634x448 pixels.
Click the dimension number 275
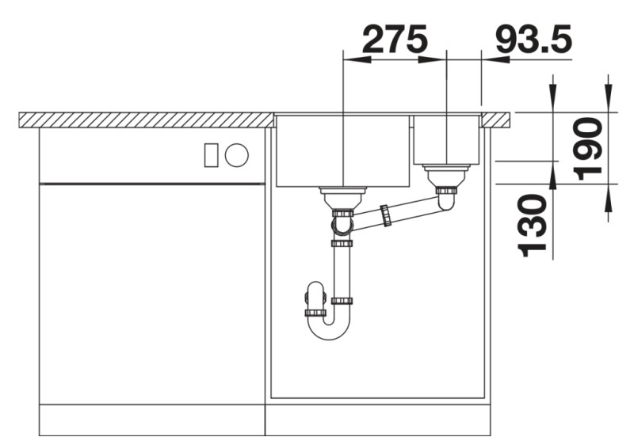click(395, 39)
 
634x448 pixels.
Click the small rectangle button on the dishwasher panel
click(211, 155)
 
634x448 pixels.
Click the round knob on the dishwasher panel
click(236, 155)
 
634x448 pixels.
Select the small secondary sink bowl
click(446, 140)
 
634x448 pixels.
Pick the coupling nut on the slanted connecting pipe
click(386, 215)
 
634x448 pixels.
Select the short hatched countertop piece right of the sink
click(496, 120)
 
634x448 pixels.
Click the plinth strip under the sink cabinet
click(377, 419)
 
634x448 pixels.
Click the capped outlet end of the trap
click(308, 299)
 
